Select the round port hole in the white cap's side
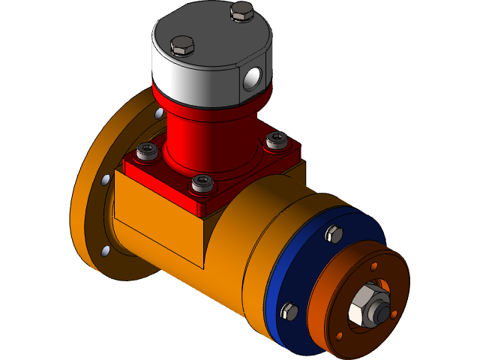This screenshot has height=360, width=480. click(x=253, y=76)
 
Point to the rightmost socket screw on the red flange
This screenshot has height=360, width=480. click(x=276, y=140)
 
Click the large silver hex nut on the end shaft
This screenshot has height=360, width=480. click(x=365, y=304)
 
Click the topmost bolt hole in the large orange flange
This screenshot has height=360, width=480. click(x=158, y=113)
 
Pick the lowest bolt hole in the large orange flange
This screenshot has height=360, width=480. click(x=106, y=250)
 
